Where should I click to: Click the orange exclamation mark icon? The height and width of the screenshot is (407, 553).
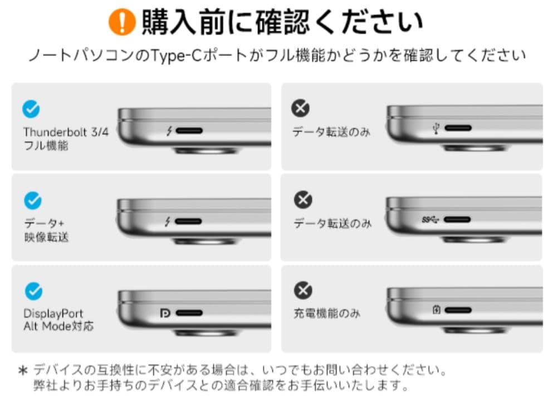click(123, 22)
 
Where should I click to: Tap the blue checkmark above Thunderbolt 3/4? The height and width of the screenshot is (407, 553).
click(31, 109)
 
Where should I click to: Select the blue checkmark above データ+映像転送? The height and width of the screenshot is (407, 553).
click(33, 200)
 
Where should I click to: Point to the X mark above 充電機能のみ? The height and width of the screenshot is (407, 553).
click(303, 290)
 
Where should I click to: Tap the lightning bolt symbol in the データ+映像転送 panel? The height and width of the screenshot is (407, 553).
click(168, 222)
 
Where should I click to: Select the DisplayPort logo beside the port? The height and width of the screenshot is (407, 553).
click(165, 314)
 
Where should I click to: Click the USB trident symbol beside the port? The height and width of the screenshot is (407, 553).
click(436, 129)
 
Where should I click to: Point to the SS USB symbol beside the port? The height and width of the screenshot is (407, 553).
click(430, 220)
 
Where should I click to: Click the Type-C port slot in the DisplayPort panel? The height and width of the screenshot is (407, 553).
click(189, 314)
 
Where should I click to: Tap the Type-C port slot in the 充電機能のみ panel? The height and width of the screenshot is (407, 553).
click(458, 310)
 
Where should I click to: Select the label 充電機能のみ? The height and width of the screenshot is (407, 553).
click(327, 314)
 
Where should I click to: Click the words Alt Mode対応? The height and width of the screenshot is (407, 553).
click(58, 326)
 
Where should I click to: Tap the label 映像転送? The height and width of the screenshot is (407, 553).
click(47, 237)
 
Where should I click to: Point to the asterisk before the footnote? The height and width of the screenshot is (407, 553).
click(23, 370)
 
